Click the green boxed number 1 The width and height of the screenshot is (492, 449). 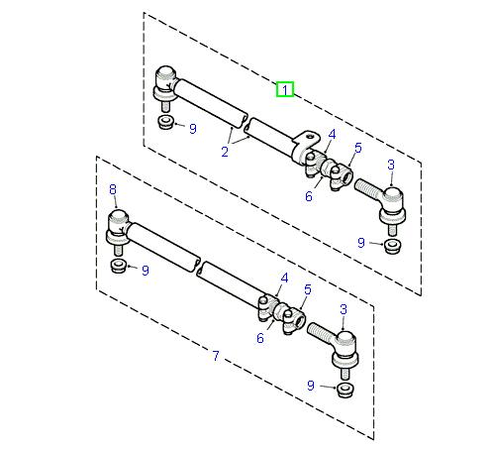pos(284,90)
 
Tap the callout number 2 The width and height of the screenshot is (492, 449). pos(227,152)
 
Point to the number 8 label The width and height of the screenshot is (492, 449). pos(112,188)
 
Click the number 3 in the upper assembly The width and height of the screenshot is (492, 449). pos(390,164)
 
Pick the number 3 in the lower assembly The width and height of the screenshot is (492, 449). pos(344,309)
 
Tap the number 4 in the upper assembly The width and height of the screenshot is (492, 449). pos(331,134)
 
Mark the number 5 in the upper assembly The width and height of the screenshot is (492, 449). pos(357,148)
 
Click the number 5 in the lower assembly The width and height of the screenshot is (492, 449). pos(308,289)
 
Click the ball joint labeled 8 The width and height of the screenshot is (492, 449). pos(117,225)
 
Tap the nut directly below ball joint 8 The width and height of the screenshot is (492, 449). pos(118,268)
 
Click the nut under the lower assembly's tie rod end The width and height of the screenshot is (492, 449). pos(345,387)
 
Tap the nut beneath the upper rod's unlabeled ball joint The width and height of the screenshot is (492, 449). pos(166,124)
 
